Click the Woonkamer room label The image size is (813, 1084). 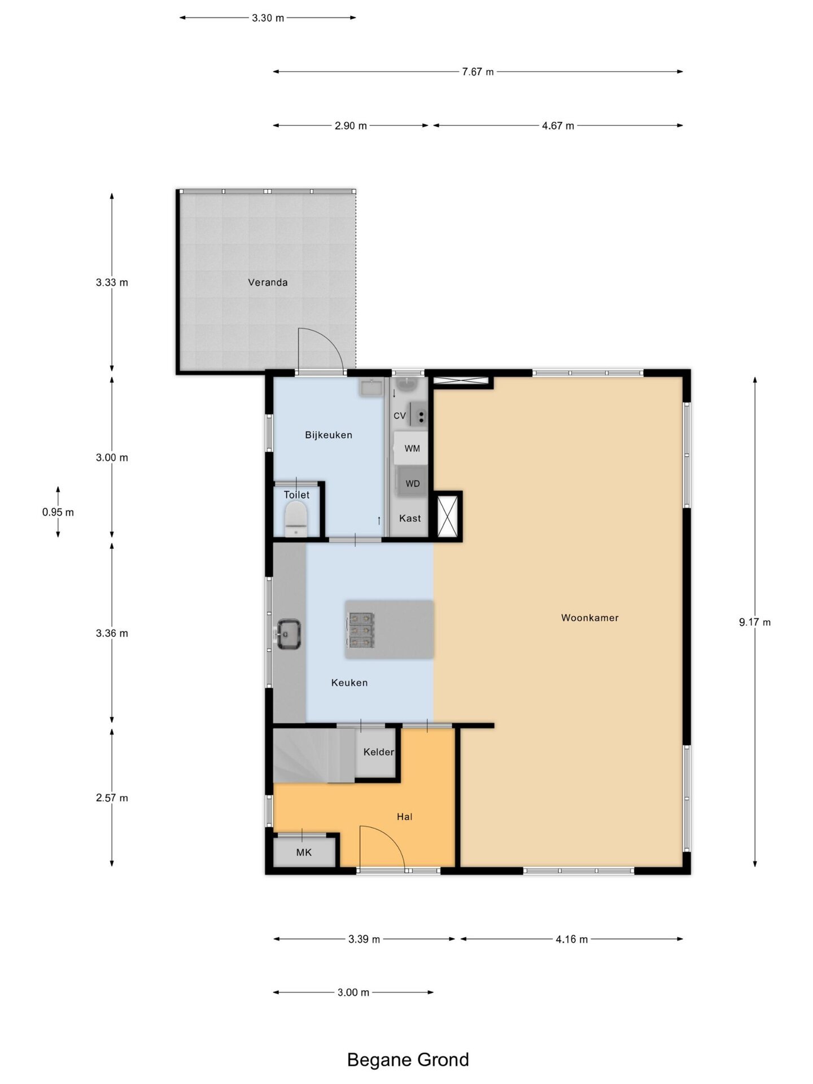589,618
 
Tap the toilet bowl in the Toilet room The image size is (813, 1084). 296,519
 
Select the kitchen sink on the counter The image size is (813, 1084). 288,634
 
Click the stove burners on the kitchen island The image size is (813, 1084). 360,630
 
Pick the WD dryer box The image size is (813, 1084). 412,483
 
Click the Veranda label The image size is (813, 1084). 268,282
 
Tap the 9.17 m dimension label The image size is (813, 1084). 755,622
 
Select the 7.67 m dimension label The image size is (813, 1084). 478,72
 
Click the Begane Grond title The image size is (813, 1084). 408,1060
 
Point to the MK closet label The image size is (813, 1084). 304,853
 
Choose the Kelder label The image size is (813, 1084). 378,751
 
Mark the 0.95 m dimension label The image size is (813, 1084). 58,512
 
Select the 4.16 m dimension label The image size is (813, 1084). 571,939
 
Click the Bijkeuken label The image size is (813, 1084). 329,435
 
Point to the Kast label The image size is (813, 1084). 410,518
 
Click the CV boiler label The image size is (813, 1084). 400,416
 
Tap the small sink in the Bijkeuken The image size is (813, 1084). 371,388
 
